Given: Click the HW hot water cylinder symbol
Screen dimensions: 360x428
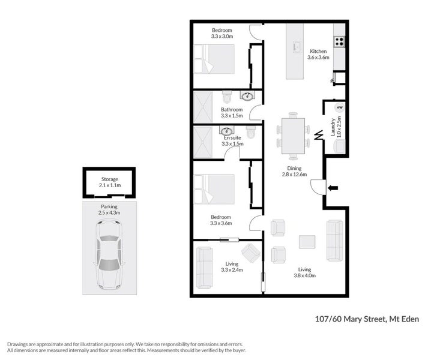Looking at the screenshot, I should coord(339,107).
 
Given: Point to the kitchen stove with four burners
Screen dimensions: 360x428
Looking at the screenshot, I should coord(339,41).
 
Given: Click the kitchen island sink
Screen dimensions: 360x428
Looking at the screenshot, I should coord(297,46).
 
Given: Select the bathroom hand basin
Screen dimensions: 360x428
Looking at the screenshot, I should coord(247,96).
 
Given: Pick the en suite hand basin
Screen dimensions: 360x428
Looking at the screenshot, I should coord(227,131).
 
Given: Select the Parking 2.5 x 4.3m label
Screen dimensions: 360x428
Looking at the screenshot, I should coord(110,209).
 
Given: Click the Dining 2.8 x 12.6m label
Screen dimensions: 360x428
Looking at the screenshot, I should coord(294,172).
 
